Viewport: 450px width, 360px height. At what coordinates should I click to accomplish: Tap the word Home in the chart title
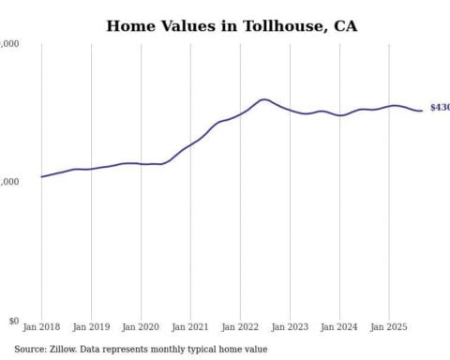129,25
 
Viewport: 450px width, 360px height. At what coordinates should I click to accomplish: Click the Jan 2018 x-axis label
41,328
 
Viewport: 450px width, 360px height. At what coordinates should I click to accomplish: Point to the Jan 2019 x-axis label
91,328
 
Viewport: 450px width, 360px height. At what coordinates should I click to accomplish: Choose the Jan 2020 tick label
141,328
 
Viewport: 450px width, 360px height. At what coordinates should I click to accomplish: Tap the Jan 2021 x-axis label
190,328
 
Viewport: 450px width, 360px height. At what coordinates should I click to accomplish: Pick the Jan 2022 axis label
240,328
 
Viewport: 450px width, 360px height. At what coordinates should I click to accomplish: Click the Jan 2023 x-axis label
290,328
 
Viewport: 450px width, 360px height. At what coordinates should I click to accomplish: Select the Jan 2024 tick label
339,328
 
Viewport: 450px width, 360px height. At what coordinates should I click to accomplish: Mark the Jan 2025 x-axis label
389,328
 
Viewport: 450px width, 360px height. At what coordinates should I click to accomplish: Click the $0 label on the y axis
11,321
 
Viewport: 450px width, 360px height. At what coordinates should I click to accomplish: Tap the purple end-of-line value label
439,108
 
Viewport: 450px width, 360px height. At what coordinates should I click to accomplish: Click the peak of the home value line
264,99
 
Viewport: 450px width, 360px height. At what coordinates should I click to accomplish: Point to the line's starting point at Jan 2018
41,176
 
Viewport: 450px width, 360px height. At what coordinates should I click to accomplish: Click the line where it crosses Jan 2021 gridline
190,144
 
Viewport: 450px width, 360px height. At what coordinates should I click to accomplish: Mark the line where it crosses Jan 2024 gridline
339,115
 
